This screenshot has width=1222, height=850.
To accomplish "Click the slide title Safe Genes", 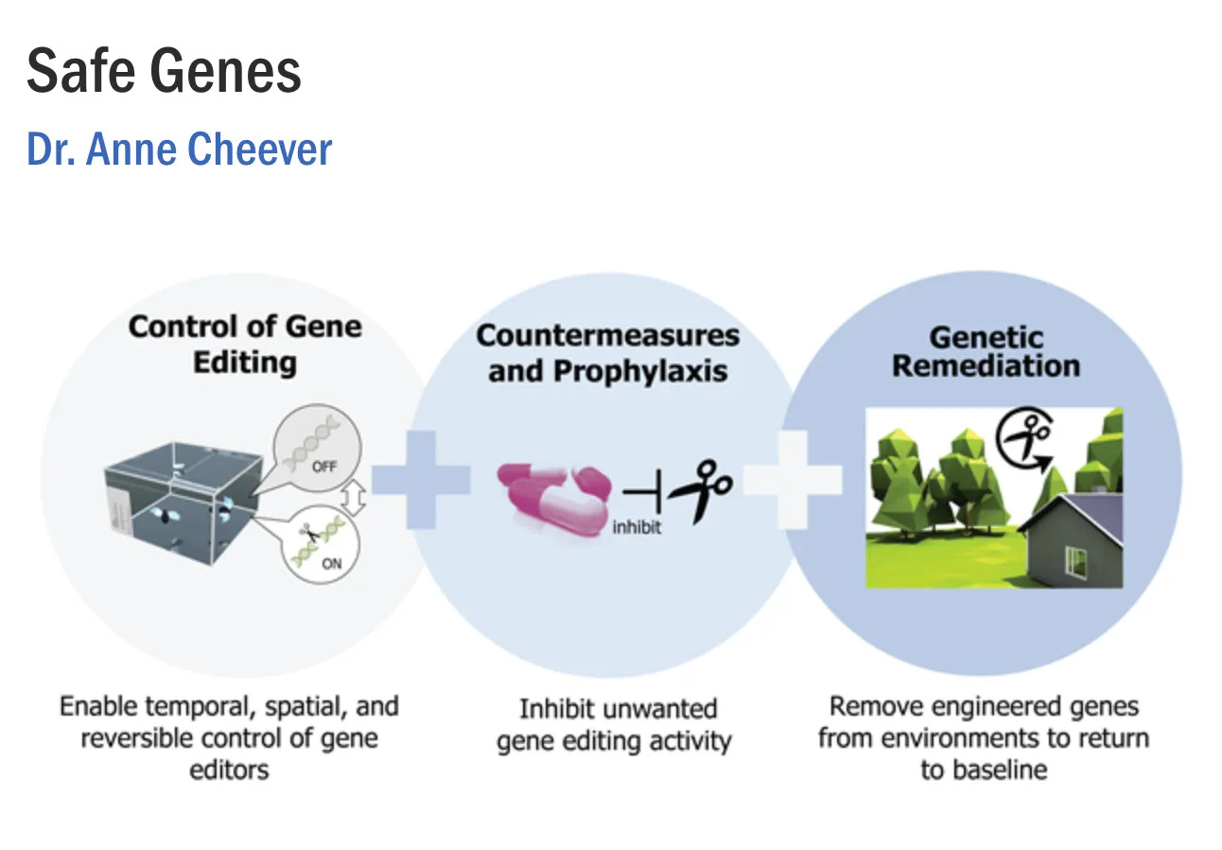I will click(164, 71).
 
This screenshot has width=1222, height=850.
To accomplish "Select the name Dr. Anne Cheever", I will click(180, 150).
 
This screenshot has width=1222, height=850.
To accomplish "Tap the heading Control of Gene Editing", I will click(245, 344).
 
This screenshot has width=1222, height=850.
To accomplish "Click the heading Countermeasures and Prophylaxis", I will click(607, 352).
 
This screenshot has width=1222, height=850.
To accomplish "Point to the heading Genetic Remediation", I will click(986, 351).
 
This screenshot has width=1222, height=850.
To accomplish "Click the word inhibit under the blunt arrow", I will click(637, 527).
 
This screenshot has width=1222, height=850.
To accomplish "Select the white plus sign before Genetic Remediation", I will click(793, 479).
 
